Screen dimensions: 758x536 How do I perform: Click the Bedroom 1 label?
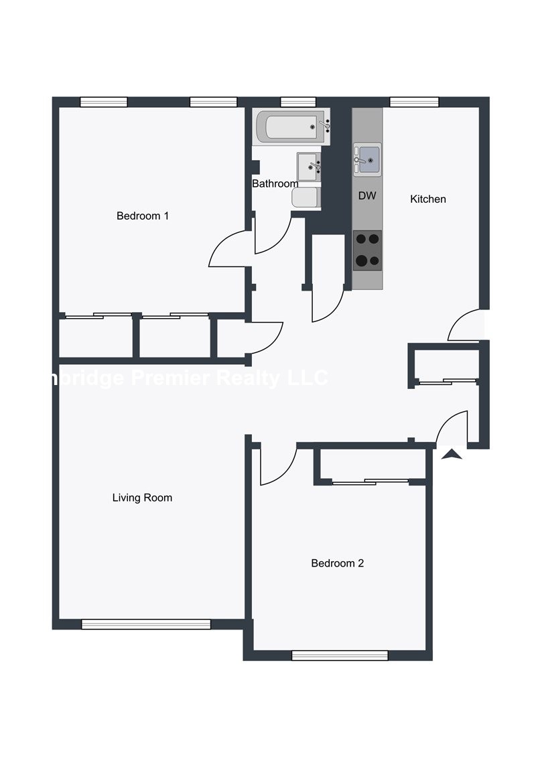coord(143,216)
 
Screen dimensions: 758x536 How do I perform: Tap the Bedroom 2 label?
coord(337,563)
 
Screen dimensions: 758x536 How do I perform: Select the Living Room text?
coord(142,498)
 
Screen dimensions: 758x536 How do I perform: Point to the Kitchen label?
coord(427,199)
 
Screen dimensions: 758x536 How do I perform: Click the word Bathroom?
coord(275,183)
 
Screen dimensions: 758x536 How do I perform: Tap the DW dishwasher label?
coord(366,196)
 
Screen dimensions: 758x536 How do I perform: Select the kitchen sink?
coord(368,160)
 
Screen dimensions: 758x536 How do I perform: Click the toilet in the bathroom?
coord(306,198)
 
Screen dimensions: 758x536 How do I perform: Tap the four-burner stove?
coord(367,250)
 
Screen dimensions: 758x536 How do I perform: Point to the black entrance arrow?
coord(452,455)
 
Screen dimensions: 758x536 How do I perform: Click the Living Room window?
coord(145,624)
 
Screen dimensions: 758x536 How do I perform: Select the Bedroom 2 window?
coord(340,656)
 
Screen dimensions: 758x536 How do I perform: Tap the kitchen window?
coord(414,102)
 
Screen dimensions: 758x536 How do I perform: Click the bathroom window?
coord(297,102)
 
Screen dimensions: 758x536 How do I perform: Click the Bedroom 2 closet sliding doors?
coord(371,481)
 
